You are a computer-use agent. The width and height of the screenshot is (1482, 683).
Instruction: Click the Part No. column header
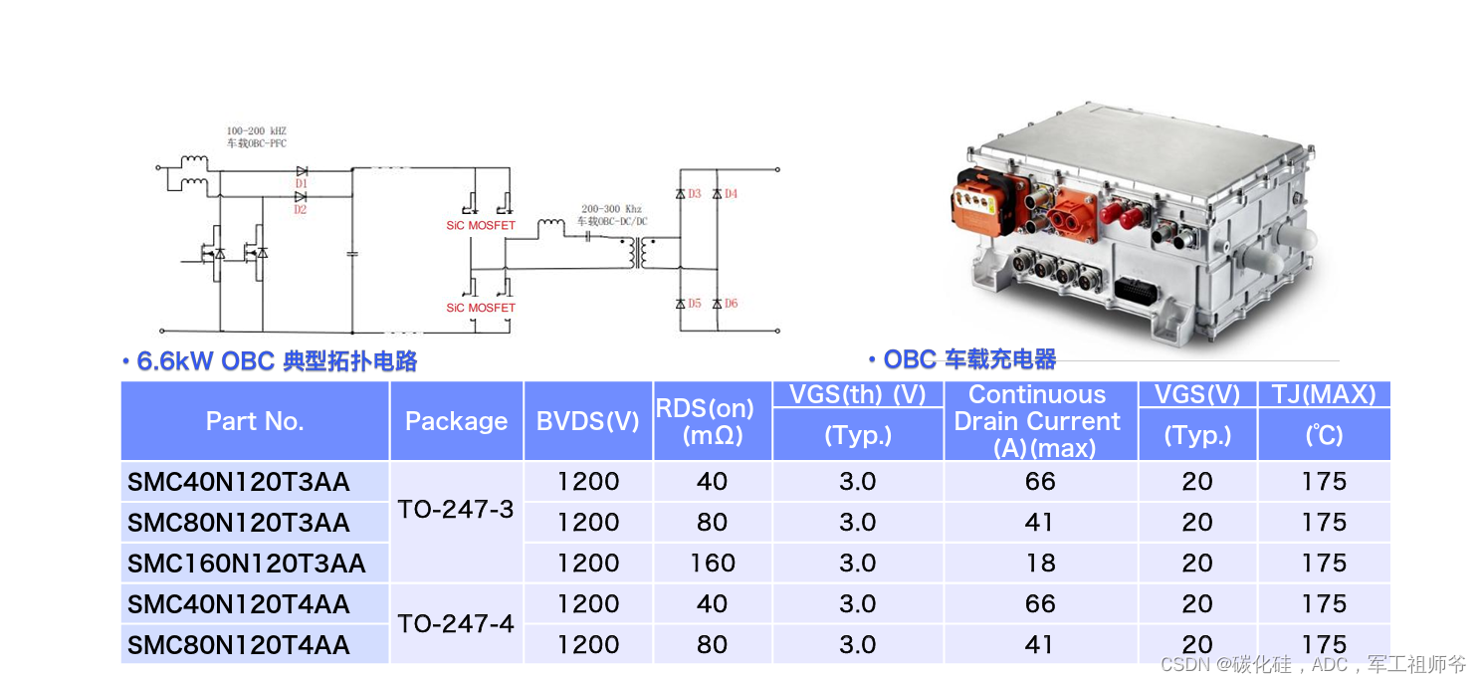(254, 421)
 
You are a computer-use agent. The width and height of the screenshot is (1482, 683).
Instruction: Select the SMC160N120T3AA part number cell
(247, 564)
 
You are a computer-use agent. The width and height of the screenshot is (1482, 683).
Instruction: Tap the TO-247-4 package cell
(456, 624)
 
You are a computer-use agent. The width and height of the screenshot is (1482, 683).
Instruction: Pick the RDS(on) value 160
(712, 564)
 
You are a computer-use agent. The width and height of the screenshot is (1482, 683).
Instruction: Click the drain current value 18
(1040, 564)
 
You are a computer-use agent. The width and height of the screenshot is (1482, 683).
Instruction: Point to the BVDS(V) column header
(587, 421)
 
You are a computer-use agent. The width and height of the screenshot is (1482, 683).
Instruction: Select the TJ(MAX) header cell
(1324, 395)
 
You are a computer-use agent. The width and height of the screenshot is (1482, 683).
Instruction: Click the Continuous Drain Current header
(1038, 421)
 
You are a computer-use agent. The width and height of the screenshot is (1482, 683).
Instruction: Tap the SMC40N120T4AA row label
(239, 604)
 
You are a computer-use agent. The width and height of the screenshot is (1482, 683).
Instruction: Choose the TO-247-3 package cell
(456, 510)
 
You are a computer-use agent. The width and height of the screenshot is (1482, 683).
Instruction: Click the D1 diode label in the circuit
(301, 185)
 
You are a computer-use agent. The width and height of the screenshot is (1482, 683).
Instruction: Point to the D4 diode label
(731, 193)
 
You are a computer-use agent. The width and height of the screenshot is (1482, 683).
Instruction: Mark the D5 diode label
(695, 303)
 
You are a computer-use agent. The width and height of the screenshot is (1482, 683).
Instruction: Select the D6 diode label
(731, 303)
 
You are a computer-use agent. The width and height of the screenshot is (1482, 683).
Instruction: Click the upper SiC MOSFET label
(481, 226)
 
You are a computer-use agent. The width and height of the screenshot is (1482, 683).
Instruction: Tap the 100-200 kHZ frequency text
(256, 131)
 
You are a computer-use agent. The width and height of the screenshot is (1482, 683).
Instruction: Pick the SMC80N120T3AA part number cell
(239, 523)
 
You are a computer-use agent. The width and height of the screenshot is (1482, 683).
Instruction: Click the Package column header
(456, 421)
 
